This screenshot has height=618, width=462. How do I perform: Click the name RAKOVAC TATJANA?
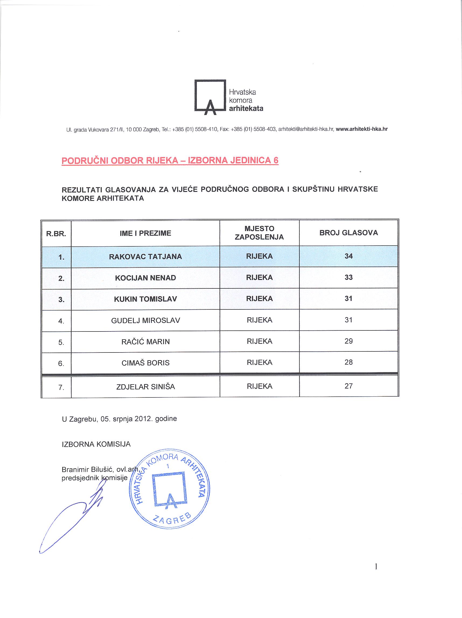145,256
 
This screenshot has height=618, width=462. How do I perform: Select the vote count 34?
348,256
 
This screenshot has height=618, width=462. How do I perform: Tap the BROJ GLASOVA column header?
348,233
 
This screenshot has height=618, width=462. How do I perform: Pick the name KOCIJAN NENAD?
145,278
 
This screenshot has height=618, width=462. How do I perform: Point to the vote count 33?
348,277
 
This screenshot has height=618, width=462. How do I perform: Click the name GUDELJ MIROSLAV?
145,320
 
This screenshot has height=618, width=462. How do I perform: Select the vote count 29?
348,341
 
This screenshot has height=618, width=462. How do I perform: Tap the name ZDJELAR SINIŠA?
145,387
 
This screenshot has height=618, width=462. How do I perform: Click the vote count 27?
348,386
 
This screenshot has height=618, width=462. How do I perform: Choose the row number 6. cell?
61,363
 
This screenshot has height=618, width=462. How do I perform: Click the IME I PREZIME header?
145,233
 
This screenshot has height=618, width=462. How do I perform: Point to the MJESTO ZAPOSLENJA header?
259,233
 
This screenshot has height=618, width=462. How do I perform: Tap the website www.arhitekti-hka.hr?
362,129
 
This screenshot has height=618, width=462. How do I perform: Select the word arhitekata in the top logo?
246,109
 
